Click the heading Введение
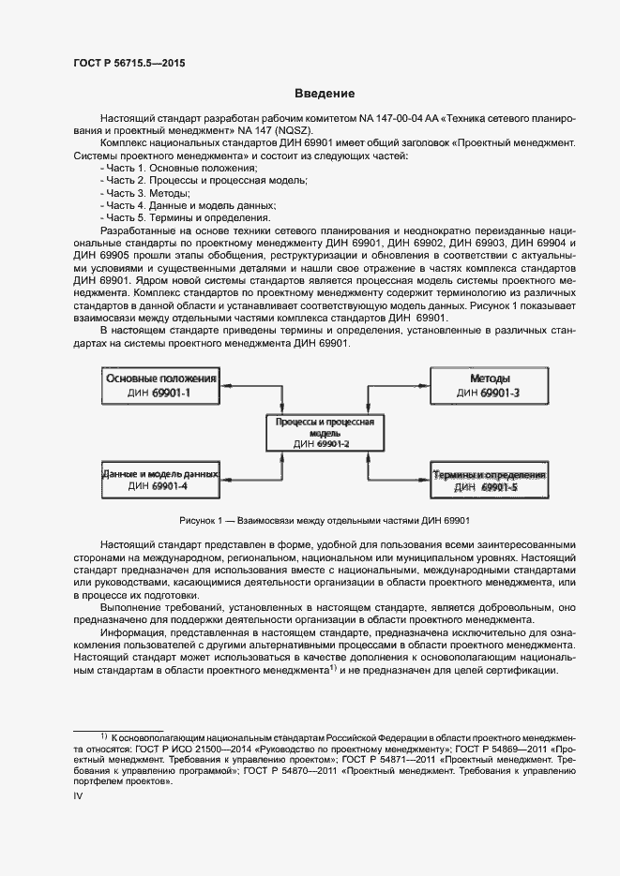tap(325, 94)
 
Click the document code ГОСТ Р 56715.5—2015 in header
tap(129, 63)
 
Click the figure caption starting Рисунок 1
tap(325, 521)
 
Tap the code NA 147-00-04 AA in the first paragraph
tap(388, 119)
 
